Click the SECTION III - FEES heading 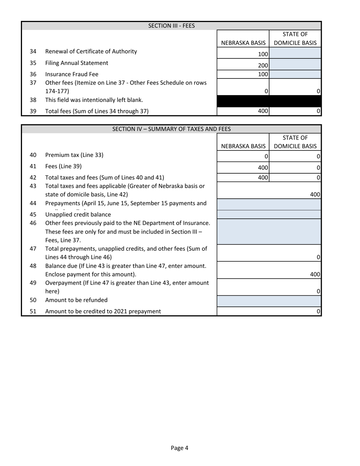coord(171,26)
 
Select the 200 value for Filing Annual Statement coord(263,66)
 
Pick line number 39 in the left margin coord(33,111)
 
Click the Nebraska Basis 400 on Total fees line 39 coord(263,111)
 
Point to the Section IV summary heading coord(171,129)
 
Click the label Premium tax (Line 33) coord(74,155)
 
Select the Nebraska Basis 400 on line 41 coord(263,168)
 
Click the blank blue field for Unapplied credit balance coord(269,214)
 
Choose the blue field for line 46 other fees coord(269,231)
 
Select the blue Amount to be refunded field coord(269,301)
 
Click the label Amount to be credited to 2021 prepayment coord(103,311)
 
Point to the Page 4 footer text coord(180,448)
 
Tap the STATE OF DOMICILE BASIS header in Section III coord(295,39)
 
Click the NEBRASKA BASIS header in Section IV coord(243,146)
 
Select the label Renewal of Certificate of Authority coord(91,51)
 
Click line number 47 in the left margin coord(33,249)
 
